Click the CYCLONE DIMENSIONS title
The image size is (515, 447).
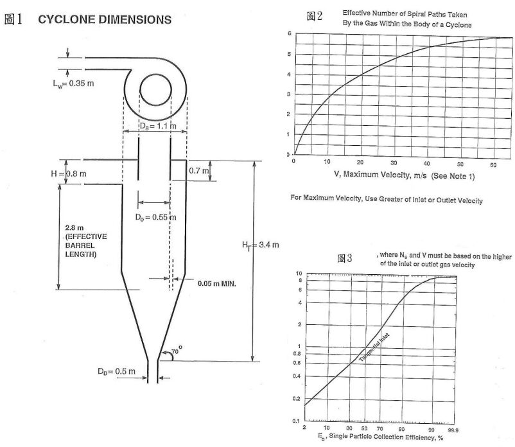coord(104,19)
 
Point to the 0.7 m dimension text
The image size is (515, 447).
coord(199,171)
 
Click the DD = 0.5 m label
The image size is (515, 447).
coord(116,372)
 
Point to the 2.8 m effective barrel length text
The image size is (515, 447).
coord(86,241)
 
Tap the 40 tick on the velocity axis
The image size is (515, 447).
coord(427,162)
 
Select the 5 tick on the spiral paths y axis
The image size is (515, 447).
coord(290,54)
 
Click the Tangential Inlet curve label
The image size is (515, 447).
coord(374,349)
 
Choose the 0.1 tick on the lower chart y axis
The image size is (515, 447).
coord(298,421)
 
